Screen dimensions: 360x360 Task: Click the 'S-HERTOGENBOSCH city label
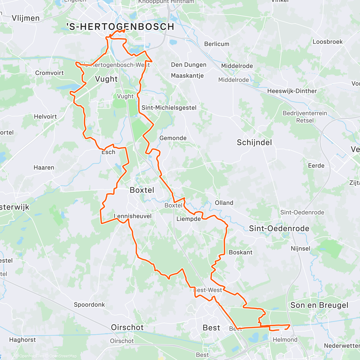120,27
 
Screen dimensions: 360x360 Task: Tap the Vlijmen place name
25,18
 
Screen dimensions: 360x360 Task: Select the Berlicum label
217,44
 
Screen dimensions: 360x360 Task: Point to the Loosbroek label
328,42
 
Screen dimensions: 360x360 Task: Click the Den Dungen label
189,65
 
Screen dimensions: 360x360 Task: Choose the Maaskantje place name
187,76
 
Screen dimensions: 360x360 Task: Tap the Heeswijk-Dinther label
292,91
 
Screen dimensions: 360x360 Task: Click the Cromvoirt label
49,73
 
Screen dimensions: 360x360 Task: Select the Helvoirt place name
45,116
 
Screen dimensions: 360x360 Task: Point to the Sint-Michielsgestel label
169,108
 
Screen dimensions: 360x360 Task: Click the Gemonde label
173,138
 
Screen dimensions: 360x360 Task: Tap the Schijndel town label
254,142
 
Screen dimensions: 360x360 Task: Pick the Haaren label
44,167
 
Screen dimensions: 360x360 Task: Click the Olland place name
224,203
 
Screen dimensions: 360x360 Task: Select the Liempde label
188,219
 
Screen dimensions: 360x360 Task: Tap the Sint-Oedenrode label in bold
279,229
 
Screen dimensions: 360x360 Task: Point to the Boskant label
240,252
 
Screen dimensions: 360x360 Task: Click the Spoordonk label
89,304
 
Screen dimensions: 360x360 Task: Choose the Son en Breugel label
319,305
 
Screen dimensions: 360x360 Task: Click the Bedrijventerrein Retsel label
305,117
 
